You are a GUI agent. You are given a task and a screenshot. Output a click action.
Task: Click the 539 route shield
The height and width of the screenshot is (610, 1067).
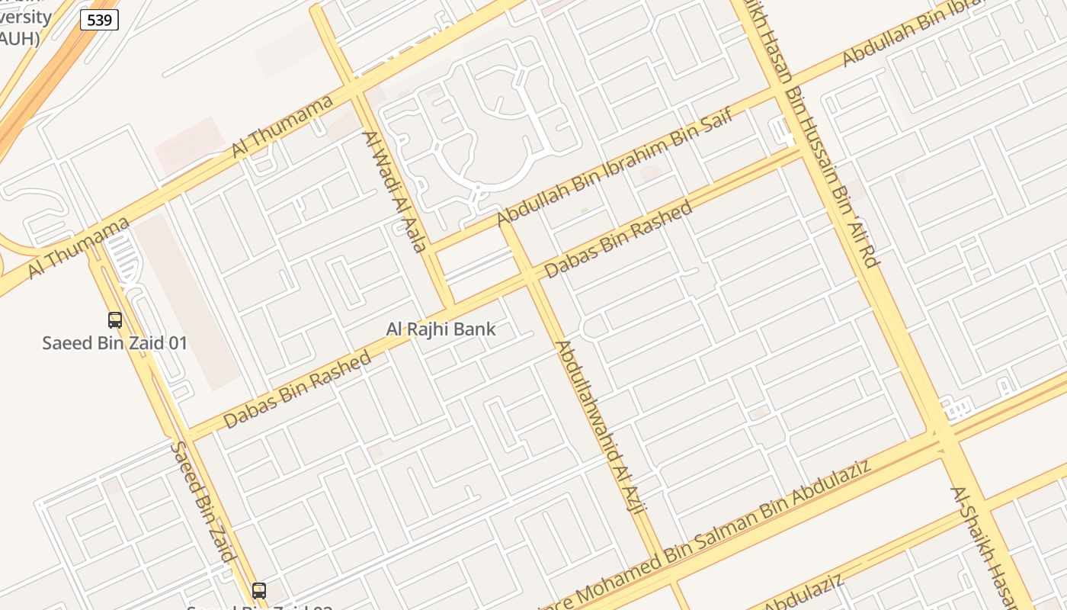tap(100, 20)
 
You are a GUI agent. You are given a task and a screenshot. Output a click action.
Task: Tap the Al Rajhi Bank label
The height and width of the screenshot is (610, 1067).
tap(441, 329)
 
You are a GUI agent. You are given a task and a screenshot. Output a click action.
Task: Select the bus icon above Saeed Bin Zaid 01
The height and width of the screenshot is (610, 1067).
tap(115, 320)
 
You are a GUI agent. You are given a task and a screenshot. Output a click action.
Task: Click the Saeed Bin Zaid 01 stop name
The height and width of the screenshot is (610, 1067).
tap(114, 343)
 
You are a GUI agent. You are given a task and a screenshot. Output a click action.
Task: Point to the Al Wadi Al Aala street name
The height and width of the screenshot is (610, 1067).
tap(395, 191)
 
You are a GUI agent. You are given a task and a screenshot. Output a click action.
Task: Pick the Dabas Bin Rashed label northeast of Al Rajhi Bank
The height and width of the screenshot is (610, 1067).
tap(618, 239)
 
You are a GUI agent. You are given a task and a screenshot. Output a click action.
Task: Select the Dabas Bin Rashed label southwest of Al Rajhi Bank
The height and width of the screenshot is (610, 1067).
tap(297, 389)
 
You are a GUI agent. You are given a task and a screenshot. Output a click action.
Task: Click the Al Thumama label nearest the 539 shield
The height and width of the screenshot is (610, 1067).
tap(283, 126)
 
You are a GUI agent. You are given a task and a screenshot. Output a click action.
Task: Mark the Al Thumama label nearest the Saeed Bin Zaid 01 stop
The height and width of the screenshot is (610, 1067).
tap(79, 248)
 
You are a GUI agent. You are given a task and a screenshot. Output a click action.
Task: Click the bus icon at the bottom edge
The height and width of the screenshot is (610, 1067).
tap(259, 590)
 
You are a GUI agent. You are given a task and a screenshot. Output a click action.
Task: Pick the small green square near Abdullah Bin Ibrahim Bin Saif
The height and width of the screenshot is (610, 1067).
tap(585, 210)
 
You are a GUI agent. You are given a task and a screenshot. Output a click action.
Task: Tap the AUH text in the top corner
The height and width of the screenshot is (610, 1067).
tap(18, 38)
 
